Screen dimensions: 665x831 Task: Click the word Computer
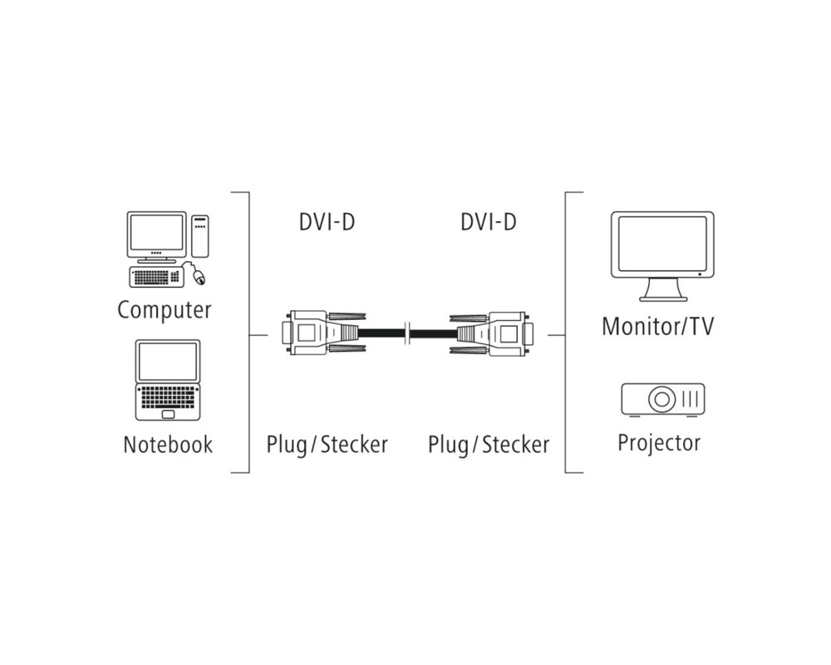[x=165, y=310]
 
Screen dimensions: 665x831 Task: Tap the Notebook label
[x=168, y=444]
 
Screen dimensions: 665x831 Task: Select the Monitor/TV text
[x=657, y=325]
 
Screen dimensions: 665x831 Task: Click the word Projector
[x=659, y=442]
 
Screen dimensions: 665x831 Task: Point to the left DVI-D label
[x=327, y=222]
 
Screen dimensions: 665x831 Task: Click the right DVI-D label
[x=488, y=222]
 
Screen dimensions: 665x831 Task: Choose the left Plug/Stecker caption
[x=327, y=444]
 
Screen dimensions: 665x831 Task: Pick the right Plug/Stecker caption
[x=489, y=445]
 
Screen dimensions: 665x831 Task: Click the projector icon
[x=662, y=399]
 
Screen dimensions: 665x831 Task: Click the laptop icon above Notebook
[x=168, y=379]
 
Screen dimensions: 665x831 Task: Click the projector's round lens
[x=662, y=399]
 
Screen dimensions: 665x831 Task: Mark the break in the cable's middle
[x=406, y=334]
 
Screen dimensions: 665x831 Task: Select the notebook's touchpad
[x=168, y=413]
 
